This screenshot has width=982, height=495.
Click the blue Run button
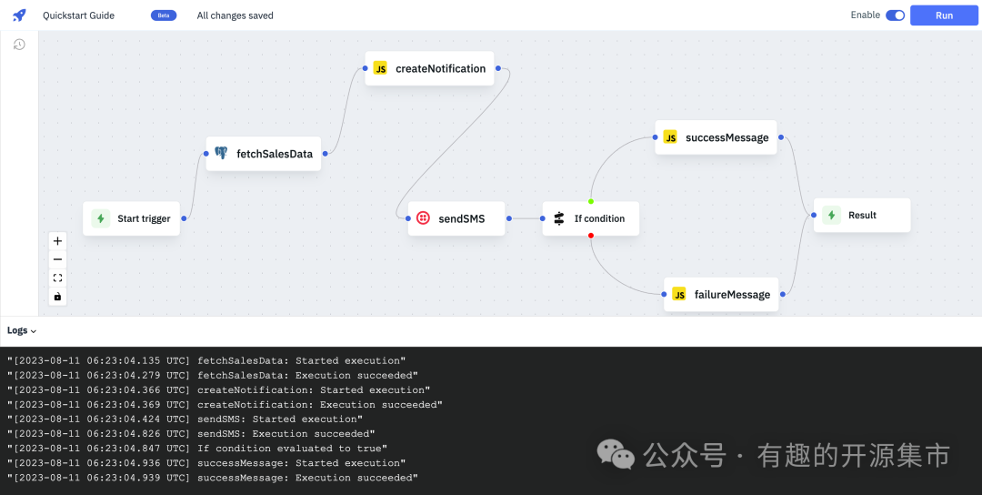point(944,15)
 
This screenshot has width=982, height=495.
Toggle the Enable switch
point(895,15)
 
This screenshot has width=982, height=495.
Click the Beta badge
point(164,15)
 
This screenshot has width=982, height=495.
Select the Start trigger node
point(132,218)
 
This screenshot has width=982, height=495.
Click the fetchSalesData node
point(264,154)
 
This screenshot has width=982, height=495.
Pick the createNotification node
point(429,68)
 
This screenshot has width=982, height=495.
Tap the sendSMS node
point(456,218)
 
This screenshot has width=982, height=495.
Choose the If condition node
point(591,218)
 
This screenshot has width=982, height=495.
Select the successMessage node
point(716,137)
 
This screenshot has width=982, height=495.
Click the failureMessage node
point(721,295)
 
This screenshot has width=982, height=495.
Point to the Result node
point(862,215)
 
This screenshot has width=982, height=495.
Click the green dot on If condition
point(591,201)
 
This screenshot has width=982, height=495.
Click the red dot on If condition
point(591,236)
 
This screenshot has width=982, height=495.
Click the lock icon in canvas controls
point(57,297)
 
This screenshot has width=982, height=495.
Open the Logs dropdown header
point(22,331)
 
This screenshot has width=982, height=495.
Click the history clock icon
point(19,45)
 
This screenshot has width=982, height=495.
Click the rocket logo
point(19,15)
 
